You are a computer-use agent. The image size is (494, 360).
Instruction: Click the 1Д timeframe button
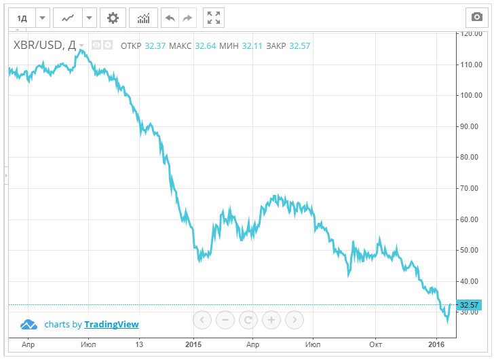22,17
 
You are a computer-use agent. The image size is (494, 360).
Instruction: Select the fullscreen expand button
213,17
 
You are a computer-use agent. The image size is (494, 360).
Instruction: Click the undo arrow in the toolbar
170,17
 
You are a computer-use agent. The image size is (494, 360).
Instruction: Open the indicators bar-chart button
143,17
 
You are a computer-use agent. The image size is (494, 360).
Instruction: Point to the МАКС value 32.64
205,46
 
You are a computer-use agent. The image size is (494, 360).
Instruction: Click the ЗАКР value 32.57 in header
299,46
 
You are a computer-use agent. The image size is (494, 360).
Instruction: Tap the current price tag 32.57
470,305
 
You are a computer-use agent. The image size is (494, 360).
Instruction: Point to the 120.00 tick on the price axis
470,33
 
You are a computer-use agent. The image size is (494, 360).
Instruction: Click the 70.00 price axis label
469,188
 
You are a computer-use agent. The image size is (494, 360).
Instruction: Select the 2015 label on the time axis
193,344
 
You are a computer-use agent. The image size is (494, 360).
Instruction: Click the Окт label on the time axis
375,344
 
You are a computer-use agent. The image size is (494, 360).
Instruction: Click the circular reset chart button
248,319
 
